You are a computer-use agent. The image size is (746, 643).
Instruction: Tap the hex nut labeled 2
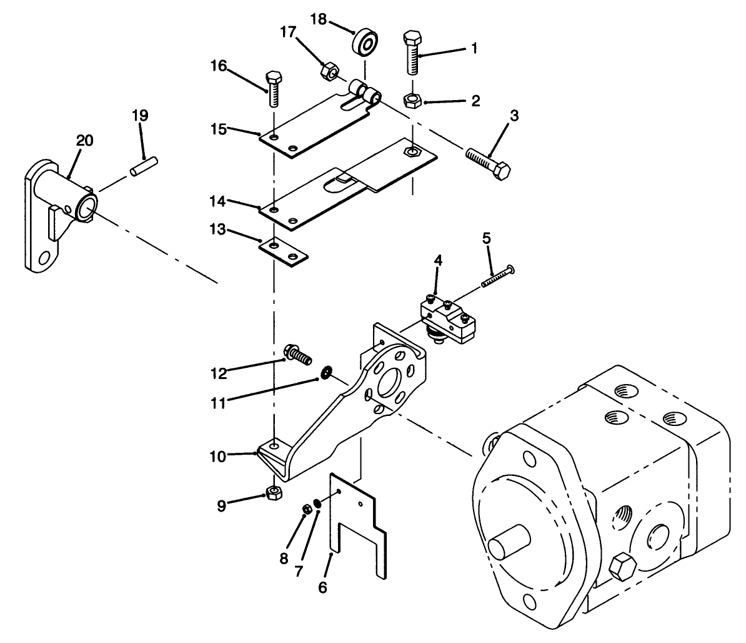412,99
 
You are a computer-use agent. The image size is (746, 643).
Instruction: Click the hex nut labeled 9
273,492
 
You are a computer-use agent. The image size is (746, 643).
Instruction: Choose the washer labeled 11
326,374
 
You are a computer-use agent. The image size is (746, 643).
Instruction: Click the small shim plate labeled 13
284,251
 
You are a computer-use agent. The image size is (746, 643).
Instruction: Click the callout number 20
85,141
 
